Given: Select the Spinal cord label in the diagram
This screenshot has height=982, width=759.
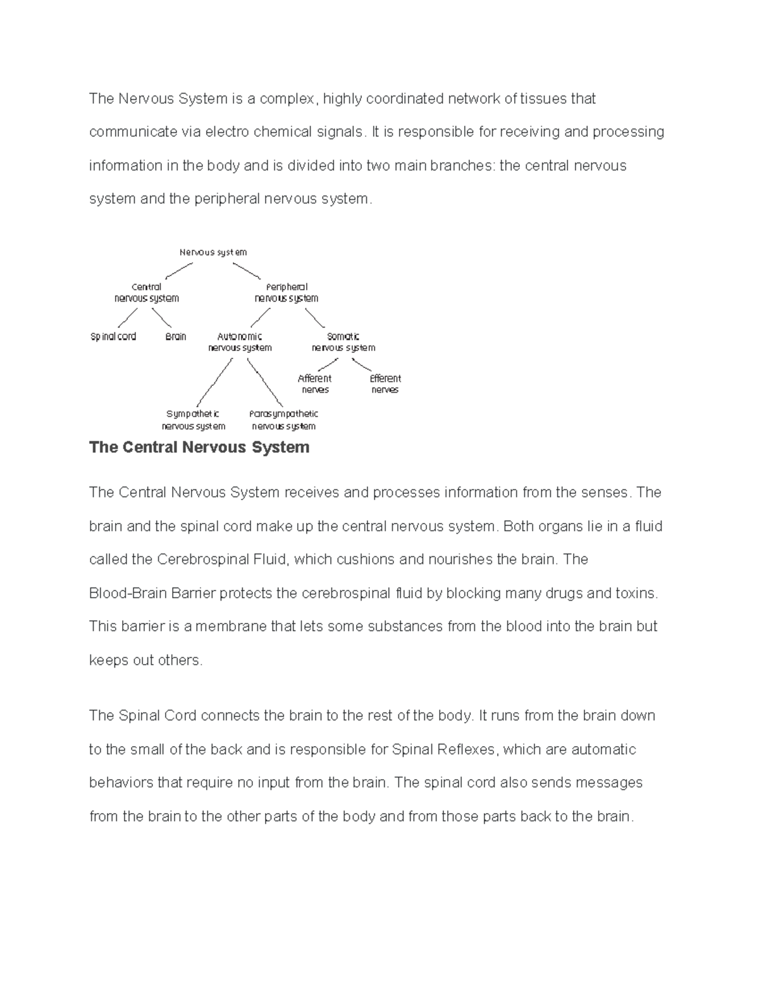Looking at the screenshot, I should click(x=113, y=336).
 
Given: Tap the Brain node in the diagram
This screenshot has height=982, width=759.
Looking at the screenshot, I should click(x=176, y=336).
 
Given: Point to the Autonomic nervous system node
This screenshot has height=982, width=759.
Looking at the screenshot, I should click(x=240, y=342).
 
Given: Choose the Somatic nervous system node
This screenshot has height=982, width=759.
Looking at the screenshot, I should click(x=343, y=342).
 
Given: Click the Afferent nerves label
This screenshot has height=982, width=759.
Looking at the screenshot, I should click(x=314, y=384).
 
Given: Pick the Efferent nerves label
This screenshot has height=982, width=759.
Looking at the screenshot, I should click(x=385, y=384).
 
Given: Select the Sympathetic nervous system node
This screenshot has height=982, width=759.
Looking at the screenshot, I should click(x=193, y=420).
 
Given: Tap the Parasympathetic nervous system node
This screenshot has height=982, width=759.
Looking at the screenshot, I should click(x=283, y=420).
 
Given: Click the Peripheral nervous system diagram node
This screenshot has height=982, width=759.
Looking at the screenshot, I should click(x=287, y=292).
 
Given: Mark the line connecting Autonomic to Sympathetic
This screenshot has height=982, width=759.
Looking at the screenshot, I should click(x=215, y=383).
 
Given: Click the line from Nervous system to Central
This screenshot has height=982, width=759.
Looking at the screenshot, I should click(x=178, y=271).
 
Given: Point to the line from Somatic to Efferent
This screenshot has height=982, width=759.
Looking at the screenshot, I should click(x=362, y=365).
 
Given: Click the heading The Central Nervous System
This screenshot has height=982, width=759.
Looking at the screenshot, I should click(x=199, y=448).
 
